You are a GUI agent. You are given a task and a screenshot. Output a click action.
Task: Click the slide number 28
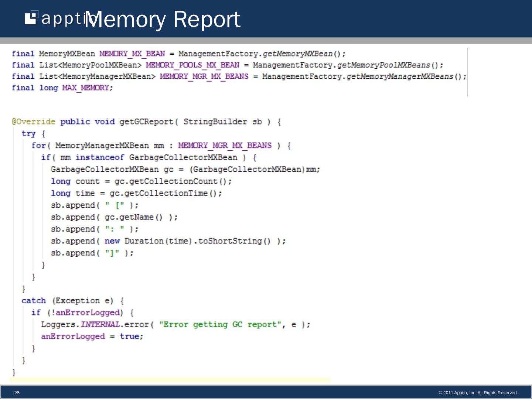[x=17, y=393]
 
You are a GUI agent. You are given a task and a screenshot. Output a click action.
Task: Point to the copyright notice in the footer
[x=478, y=393]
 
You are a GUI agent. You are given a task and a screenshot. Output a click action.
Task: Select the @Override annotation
[x=34, y=122]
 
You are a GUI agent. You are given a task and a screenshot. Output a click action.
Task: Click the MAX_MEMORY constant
[x=86, y=88]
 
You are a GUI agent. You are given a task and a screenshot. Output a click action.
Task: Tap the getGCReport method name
[x=146, y=122]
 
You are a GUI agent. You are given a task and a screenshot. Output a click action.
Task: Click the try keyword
[x=28, y=134]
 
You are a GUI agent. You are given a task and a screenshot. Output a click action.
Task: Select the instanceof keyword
[x=100, y=158]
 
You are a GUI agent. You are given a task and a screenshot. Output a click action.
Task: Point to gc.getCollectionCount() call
[x=173, y=181]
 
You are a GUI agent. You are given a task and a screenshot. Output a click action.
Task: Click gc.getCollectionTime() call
[x=166, y=194]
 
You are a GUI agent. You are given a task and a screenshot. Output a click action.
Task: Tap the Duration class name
[x=144, y=241]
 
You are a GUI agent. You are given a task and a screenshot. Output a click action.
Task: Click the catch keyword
[x=34, y=301]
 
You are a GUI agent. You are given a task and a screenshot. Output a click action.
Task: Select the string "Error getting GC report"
[x=220, y=325]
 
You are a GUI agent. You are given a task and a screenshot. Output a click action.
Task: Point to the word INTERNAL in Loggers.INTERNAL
[x=100, y=325]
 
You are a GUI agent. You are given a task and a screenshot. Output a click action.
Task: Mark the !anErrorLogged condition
[x=85, y=313]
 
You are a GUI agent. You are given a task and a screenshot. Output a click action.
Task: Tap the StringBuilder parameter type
[x=215, y=122]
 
